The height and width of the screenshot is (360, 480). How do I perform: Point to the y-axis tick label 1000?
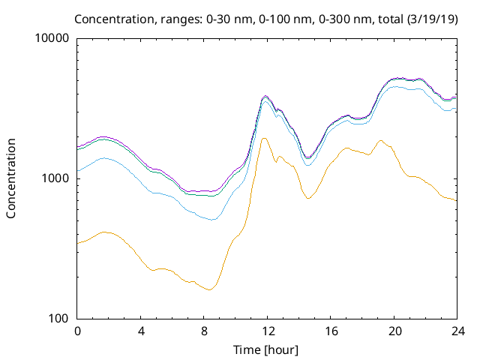[x=57, y=178]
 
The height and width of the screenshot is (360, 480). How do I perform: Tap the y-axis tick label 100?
[x=60, y=319]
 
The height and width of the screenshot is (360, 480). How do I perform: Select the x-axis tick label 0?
[x=77, y=331]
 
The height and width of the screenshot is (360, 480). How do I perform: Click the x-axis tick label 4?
[x=141, y=331]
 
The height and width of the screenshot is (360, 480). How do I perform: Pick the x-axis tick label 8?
[x=204, y=331]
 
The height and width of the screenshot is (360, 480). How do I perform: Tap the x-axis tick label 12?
[x=267, y=331]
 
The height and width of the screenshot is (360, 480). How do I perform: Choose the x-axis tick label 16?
[x=331, y=331]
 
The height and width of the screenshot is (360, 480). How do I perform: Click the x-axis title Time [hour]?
[x=267, y=349]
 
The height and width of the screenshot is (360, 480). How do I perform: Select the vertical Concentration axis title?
[x=11, y=178]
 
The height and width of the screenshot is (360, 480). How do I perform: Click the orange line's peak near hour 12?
[x=264, y=138]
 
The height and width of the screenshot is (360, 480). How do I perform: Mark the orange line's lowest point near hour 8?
[x=209, y=289]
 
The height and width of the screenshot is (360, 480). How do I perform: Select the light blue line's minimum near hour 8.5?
[x=212, y=220]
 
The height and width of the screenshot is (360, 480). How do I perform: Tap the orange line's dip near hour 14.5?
[x=309, y=199]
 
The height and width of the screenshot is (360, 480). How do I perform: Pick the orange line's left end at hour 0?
[x=77, y=243]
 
